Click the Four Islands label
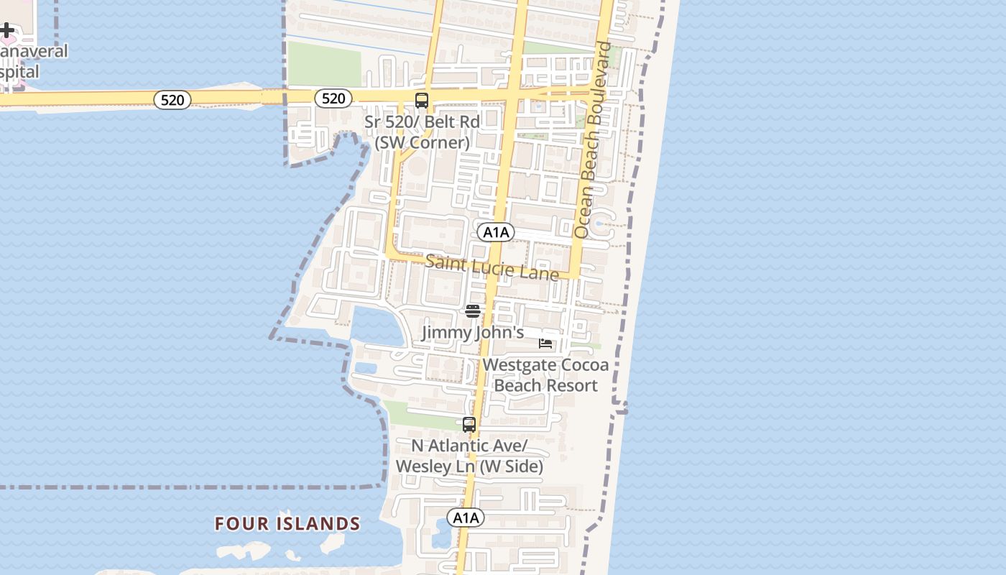tap(287, 523)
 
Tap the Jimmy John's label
tap(472, 333)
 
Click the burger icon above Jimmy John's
tap(472, 310)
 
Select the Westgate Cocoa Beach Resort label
tap(545, 374)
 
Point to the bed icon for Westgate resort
tap(545, 343)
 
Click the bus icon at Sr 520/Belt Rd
tap(422, 101)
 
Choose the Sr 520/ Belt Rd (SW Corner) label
tap(422, 132)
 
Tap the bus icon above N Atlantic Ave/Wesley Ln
tap(469, 424)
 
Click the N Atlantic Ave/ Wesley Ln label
tap(469, 456)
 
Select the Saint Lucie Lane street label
tap(492, 267)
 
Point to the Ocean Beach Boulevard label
tap(594, 140)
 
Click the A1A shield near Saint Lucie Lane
tap(496, 232)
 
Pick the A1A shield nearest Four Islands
tap(466, 517)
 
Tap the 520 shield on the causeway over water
tap(172, 100)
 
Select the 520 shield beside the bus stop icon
tap(333, 98)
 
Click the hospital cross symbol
tap(6, 30)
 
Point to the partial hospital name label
tap(32, 62)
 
